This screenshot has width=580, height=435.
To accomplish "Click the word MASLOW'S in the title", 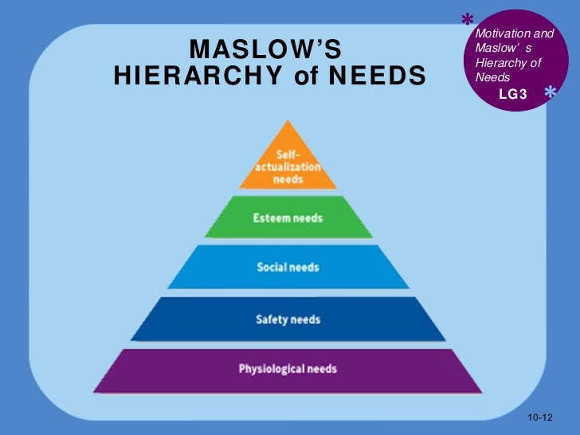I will (x=265, y=52).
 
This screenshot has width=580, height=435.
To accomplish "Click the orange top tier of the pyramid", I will (x=288, y=159).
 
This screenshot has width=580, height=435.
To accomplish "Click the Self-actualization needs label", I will (x=288, y=166).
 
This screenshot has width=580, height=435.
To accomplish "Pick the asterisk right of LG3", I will (x=551, y=94).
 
